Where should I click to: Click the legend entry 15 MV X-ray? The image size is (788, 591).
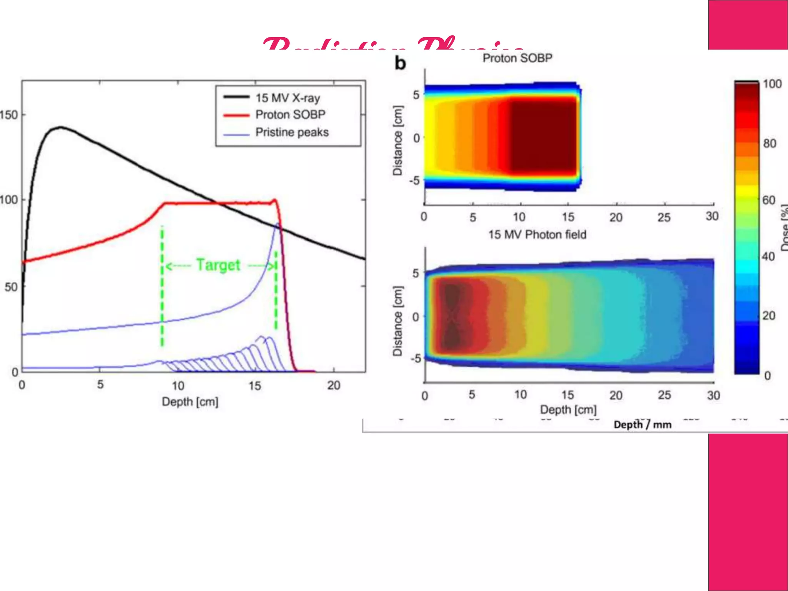[x=287, y=98]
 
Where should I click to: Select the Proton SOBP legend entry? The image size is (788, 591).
[x=290, y=115]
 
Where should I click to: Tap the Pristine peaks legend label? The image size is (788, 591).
[x=292, y=132]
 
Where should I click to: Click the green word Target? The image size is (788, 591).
[x=218, y=265]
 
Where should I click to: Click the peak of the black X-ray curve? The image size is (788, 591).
[x=60, y=127]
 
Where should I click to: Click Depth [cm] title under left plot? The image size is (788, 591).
[x=190, y=402]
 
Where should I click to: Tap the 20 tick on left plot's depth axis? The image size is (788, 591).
[x=334, y=385]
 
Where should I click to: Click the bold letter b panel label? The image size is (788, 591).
[x=400, y=63]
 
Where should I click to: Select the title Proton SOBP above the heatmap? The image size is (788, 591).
[x=517, y=58]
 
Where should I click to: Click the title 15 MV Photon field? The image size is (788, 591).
[x=537, y=234]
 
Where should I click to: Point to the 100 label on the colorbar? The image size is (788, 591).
[x=772, y=84]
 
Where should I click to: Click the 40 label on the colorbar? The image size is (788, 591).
[x=768, y=256]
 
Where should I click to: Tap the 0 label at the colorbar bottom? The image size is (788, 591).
[x=767, y=376]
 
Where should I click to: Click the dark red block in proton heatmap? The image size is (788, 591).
[x=543, y=137]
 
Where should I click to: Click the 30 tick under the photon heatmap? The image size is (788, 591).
[x=713, y=395]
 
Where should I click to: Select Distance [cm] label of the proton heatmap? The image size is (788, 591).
[x=397, y=140]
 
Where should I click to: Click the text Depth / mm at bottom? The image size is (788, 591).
[x=642, y=424]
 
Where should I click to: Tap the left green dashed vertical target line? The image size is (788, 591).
[x=162, y=285]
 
